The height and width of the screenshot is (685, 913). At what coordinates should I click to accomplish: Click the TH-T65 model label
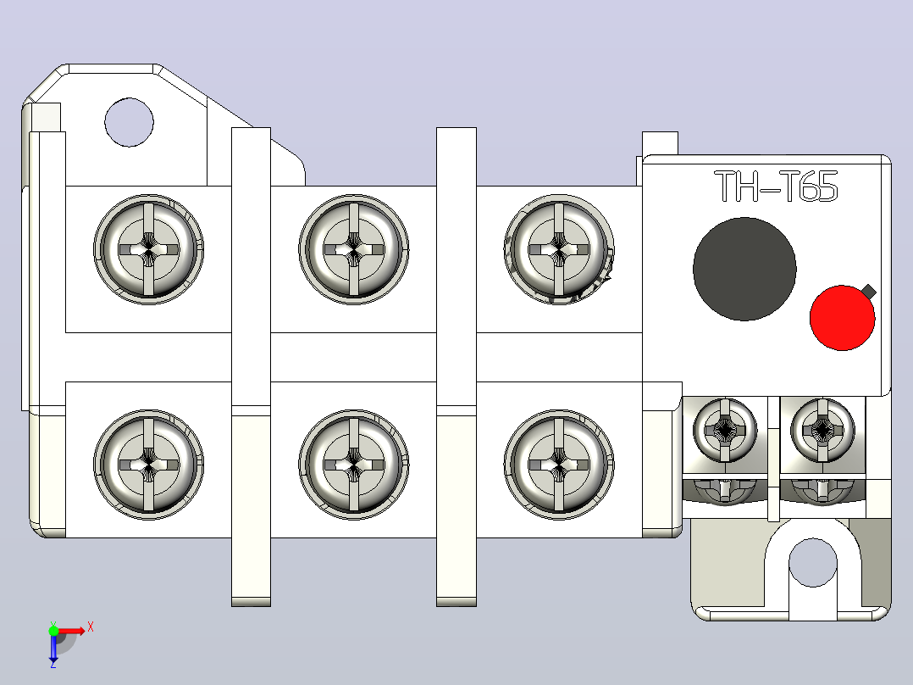point(776,187)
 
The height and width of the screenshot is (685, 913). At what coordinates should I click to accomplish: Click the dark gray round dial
point(744,270)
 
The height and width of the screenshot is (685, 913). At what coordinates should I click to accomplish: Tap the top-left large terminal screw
point(148,249)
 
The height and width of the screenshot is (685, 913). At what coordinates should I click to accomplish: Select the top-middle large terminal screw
point(353,249)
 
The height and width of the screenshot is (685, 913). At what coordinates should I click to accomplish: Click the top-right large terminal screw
point(559,249)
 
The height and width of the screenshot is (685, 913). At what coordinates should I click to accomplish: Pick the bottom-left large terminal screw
point(148,464)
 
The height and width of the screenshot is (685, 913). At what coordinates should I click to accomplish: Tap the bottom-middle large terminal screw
point(353,464)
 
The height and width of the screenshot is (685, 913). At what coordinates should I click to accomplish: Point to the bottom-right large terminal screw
point(559,464)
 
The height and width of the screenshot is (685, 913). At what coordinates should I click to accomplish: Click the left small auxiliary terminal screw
point(725,430)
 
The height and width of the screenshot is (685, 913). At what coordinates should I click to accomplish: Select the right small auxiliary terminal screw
point(822,430)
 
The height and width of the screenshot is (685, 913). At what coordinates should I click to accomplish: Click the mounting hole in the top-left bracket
point(130,122)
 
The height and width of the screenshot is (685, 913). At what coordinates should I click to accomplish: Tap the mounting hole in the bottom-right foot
point(813,563)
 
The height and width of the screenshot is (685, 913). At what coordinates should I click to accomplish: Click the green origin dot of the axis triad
point(53,631)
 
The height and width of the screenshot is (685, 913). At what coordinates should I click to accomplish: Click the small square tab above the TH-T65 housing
point(660,143)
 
